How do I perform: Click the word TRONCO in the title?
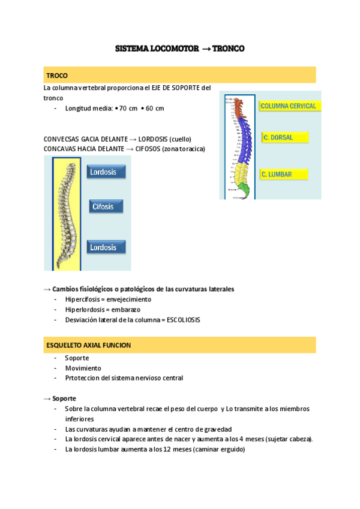tap(229, 49)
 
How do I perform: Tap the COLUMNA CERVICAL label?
tap(288, 106)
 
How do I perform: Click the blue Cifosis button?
tap(106, 206)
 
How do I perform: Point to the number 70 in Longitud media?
tap(124, 109)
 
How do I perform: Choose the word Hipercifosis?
tap(84, 299)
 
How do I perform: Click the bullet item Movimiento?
tap(83, 368)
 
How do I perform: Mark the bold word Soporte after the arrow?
tap(64, 399)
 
